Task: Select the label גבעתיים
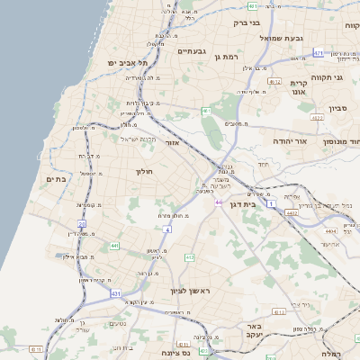point(191,51)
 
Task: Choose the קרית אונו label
point(299,87)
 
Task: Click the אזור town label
point(173,142)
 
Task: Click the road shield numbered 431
point(116,293)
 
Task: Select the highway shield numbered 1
point(271,204)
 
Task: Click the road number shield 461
point(206,111)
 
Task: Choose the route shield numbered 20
point(82,223)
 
